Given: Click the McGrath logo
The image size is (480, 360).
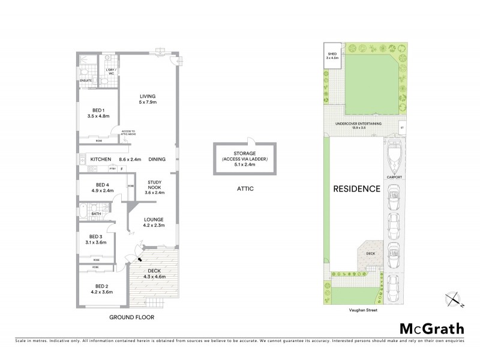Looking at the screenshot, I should coord(431,328).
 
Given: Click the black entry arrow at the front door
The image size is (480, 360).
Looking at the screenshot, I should coord(139,259).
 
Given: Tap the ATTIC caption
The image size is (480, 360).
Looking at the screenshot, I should coord(245,188).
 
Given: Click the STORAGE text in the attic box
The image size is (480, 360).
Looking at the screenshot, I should coord(244,154).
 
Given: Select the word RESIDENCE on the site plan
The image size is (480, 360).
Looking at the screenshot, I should coord(356,188).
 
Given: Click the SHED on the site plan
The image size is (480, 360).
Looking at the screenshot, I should coord(332,58).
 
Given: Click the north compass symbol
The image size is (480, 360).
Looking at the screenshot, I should coord(454,299).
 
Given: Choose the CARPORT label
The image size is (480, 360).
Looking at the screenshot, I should coord(394,178).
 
